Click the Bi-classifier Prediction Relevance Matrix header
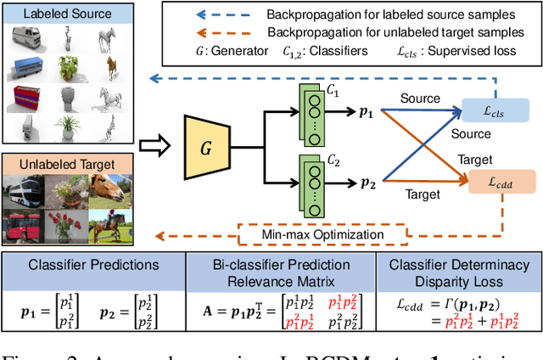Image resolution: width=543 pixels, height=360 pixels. (282, 273)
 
